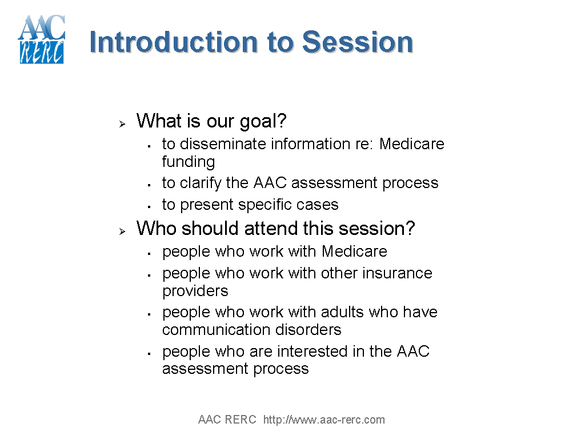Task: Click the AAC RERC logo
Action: [41, 39]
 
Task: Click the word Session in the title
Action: [357, 42]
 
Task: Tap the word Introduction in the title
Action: [173, 42]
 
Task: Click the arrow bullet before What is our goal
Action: [122, 123]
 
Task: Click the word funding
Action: [189, 162]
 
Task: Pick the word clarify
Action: [201, 183]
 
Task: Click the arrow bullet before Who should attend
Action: [122, 231]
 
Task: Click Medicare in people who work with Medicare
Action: [354, 252]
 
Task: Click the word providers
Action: [195, 291]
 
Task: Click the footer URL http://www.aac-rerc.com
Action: [324, 420]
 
